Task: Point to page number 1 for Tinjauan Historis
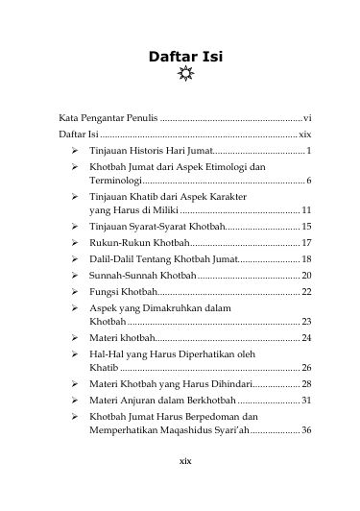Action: tap(307, 152)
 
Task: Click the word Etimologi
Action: tap(224, 167)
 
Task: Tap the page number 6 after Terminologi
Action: tap(307, 181)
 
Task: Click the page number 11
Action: tap(305, 209)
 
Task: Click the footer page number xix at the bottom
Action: tap(180, 487)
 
